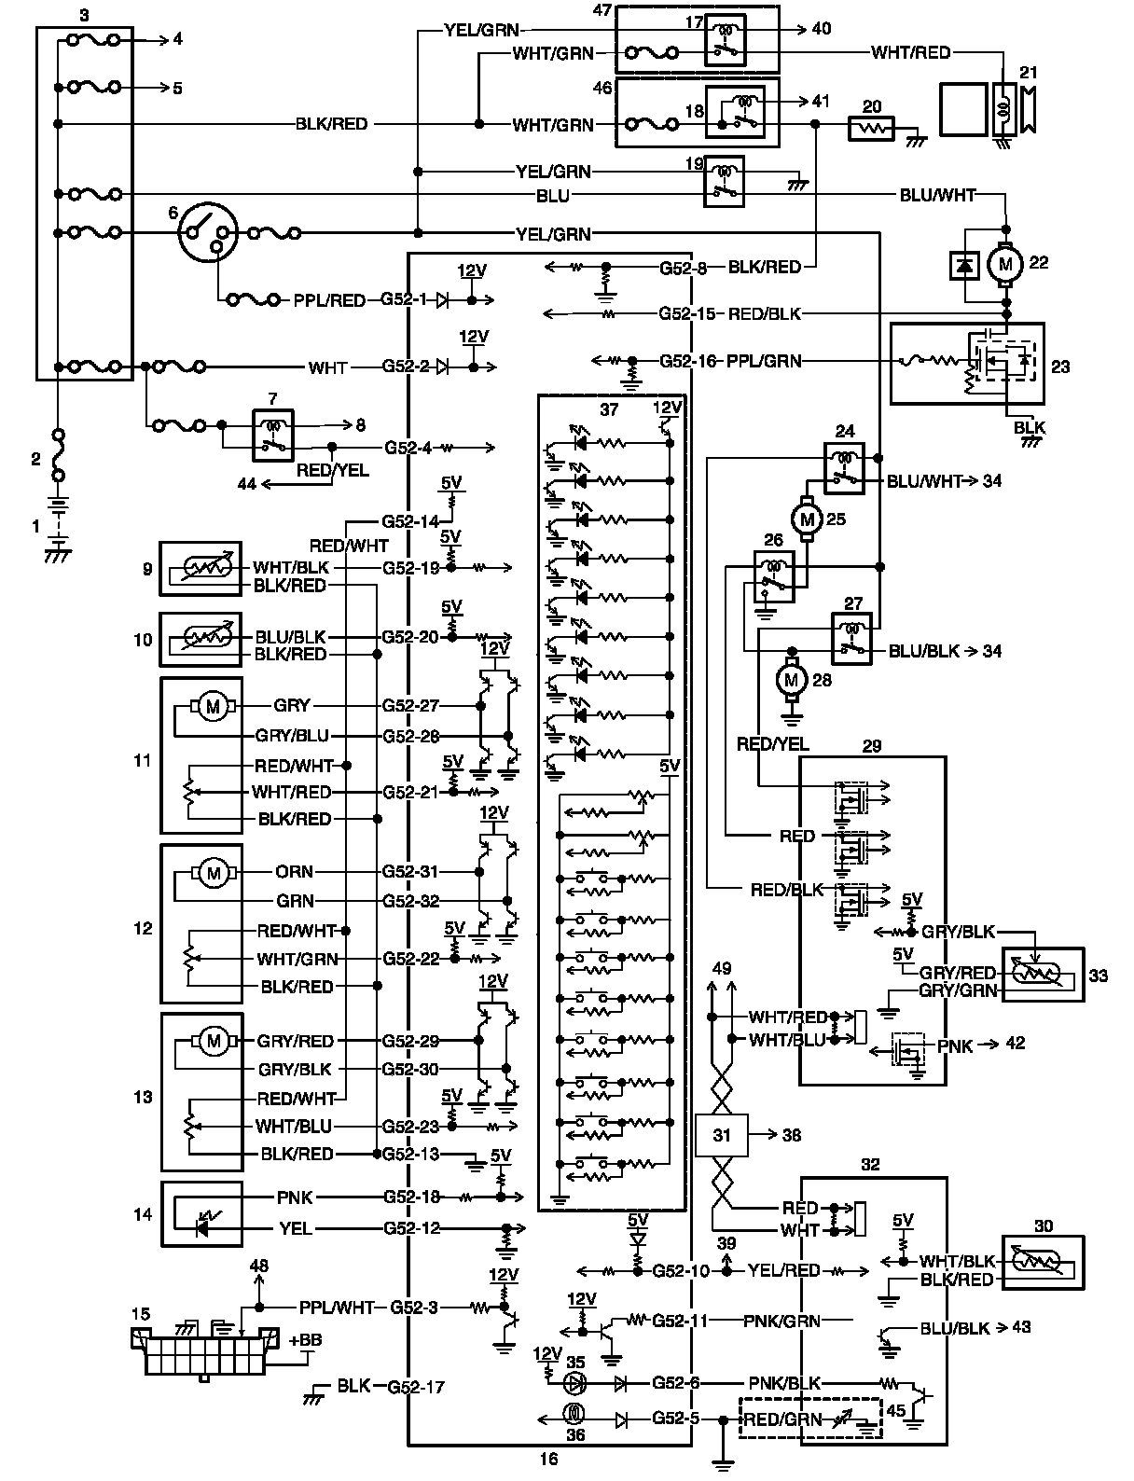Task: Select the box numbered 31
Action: [722, 1135]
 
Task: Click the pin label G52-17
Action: [416, 1387]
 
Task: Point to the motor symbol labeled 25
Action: [807, 519]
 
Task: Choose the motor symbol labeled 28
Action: [791, 680]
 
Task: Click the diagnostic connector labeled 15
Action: [205, 1350]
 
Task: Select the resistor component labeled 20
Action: [871, 128]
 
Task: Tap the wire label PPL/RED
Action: [329, 300]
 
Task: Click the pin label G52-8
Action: [683, 268]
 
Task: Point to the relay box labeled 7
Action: [272, 436]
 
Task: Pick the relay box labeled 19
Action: [724, 181]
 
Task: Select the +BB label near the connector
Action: [305, 1340]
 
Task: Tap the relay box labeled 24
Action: [844, 468]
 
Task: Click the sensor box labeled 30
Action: [1043, 1263]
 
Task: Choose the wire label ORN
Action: [295, 872]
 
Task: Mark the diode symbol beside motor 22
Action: [964, 266]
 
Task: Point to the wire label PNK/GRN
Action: [781, 1322]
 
